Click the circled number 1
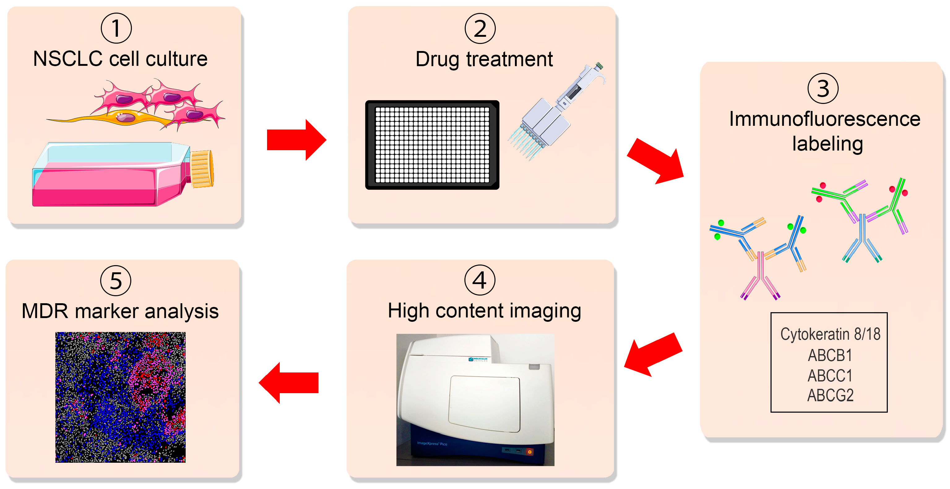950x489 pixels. (x=116, y=28)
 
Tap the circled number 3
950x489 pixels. (x=823, y=88)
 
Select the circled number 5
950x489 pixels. (x=116, y=280)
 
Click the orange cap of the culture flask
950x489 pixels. (x=202, y=168)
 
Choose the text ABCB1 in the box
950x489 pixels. (x=830, y=355)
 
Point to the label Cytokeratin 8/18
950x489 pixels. (x=830, y=334)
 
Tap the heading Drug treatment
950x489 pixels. (x=484, y=59)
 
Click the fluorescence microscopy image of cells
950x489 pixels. (x=120, y=397)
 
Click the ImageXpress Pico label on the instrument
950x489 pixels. (x=432, y=443)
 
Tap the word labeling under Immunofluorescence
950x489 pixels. (x=827, y=144)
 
